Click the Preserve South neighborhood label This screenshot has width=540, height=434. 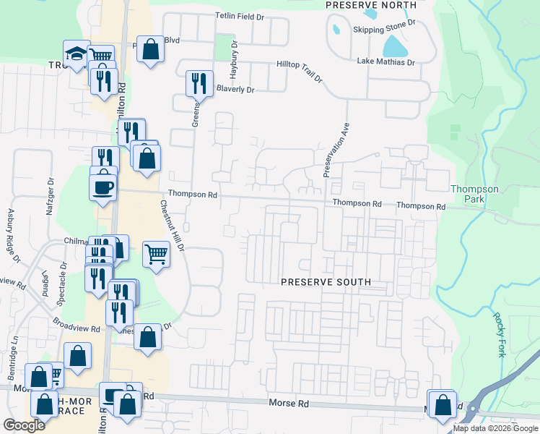tap(326, 282)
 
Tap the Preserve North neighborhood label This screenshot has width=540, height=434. tap(371, 5)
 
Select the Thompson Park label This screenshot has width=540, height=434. tap(474, 194)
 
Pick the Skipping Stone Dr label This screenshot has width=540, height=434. tap(384, 30)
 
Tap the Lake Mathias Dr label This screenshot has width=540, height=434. tap(386, 62)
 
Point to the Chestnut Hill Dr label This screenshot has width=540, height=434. tap(172, 226)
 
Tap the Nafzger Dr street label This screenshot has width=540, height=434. tap(51, 192)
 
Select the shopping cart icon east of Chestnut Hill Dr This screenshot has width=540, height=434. tap(156, 254)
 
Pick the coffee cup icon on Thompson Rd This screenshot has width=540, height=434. tap(103, 187)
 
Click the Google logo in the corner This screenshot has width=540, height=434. tap(24, 425)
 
